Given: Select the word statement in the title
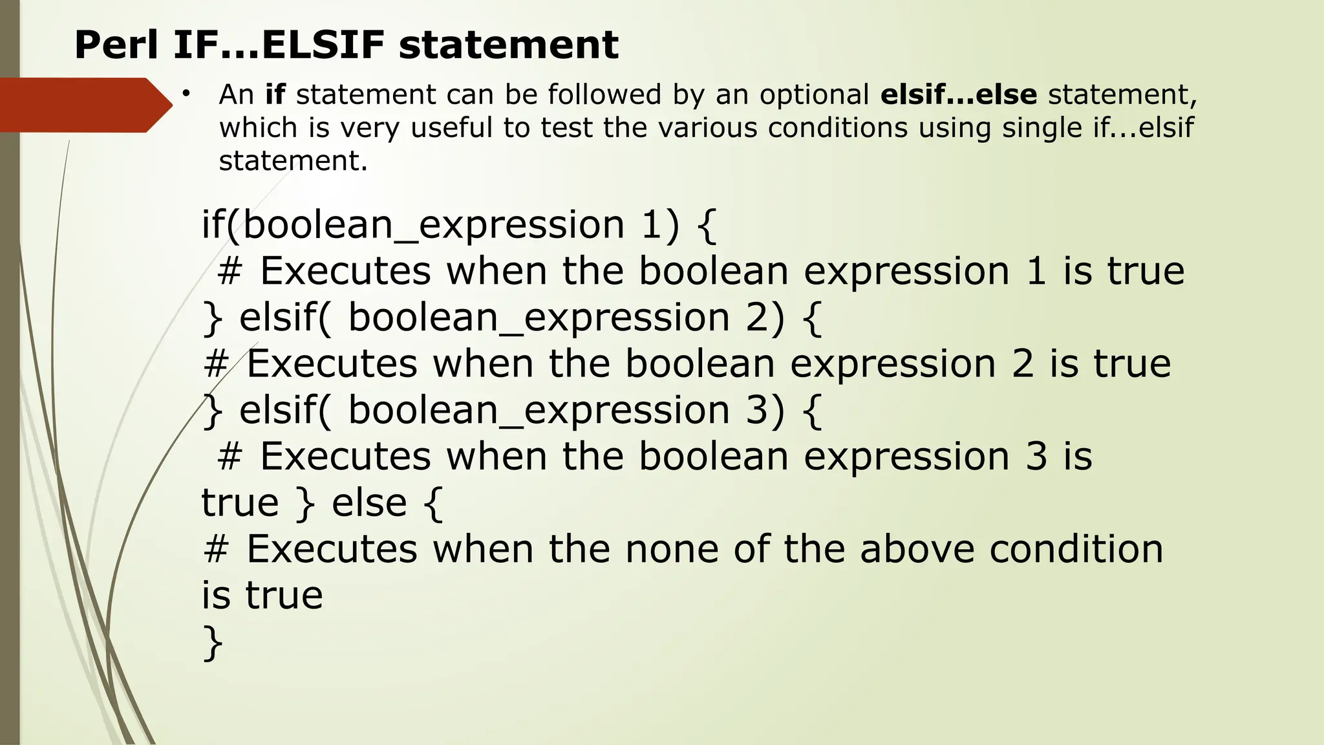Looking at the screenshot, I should point(508,45).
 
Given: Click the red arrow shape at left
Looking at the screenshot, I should point(84,105).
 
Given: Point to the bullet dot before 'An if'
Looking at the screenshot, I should point(186,94).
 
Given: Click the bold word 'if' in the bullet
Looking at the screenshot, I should point(275,94).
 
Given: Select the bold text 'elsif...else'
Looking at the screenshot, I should point(959,94).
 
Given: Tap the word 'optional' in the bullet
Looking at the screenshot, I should point(814,94).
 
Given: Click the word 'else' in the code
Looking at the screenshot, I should point(369,502).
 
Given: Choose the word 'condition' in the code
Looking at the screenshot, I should point(1076,549).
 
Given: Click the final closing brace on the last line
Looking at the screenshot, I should point(213,643).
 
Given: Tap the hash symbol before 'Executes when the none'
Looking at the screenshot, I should point(216,549).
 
